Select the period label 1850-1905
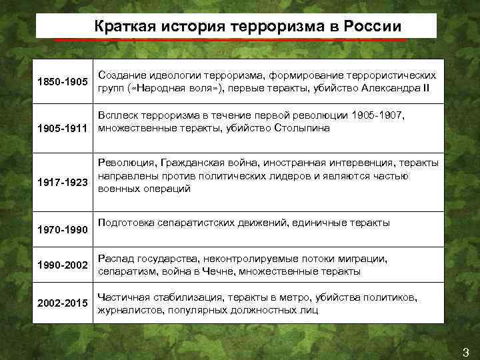coord(62,83)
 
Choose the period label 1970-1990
coord(62,230)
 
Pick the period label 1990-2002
coord(62,265)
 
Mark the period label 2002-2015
coord(62,304)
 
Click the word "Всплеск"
coord(118,115)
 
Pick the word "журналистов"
coord(128,310)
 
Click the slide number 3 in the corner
coord(465,351)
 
